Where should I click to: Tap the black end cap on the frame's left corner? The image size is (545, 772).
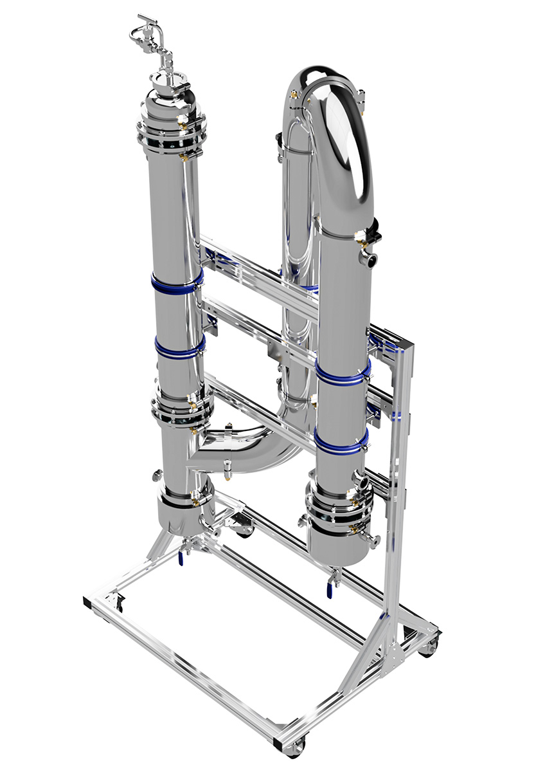click(88, 603)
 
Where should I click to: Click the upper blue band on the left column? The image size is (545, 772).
click(176, 282)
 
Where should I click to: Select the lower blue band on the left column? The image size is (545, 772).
click(179, 348)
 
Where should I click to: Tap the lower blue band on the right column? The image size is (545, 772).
click(340, 442)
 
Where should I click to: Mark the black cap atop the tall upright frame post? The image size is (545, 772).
click(406, 348)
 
